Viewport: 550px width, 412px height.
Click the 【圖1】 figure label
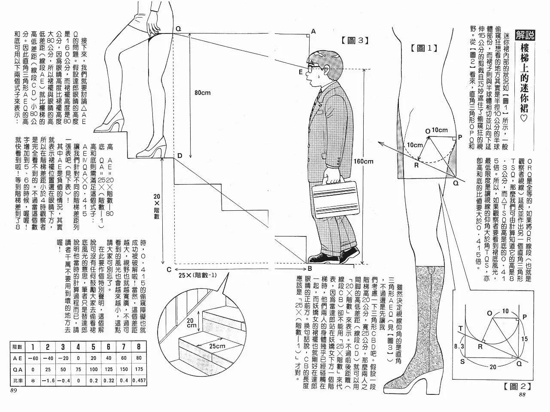424,48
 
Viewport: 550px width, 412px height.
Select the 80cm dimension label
202,93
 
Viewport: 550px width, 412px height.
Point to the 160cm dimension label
363,161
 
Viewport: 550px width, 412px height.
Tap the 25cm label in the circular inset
217,346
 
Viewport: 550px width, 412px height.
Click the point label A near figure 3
313,31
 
